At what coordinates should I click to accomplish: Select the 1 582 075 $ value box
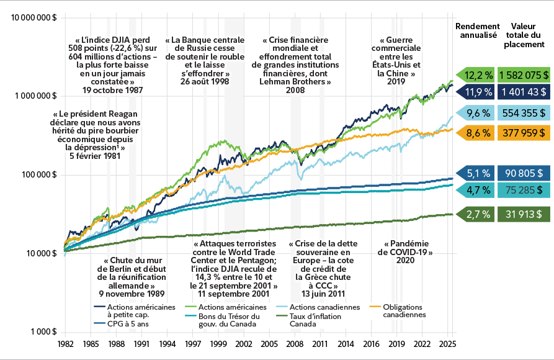[524, 74]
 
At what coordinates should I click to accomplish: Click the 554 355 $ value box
[524, 113]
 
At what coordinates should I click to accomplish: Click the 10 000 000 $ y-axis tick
[34, 17]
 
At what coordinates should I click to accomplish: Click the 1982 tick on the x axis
[65, 343]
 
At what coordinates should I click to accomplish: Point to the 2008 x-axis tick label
[294, 343]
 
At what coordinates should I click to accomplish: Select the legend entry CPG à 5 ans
[127, 323]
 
